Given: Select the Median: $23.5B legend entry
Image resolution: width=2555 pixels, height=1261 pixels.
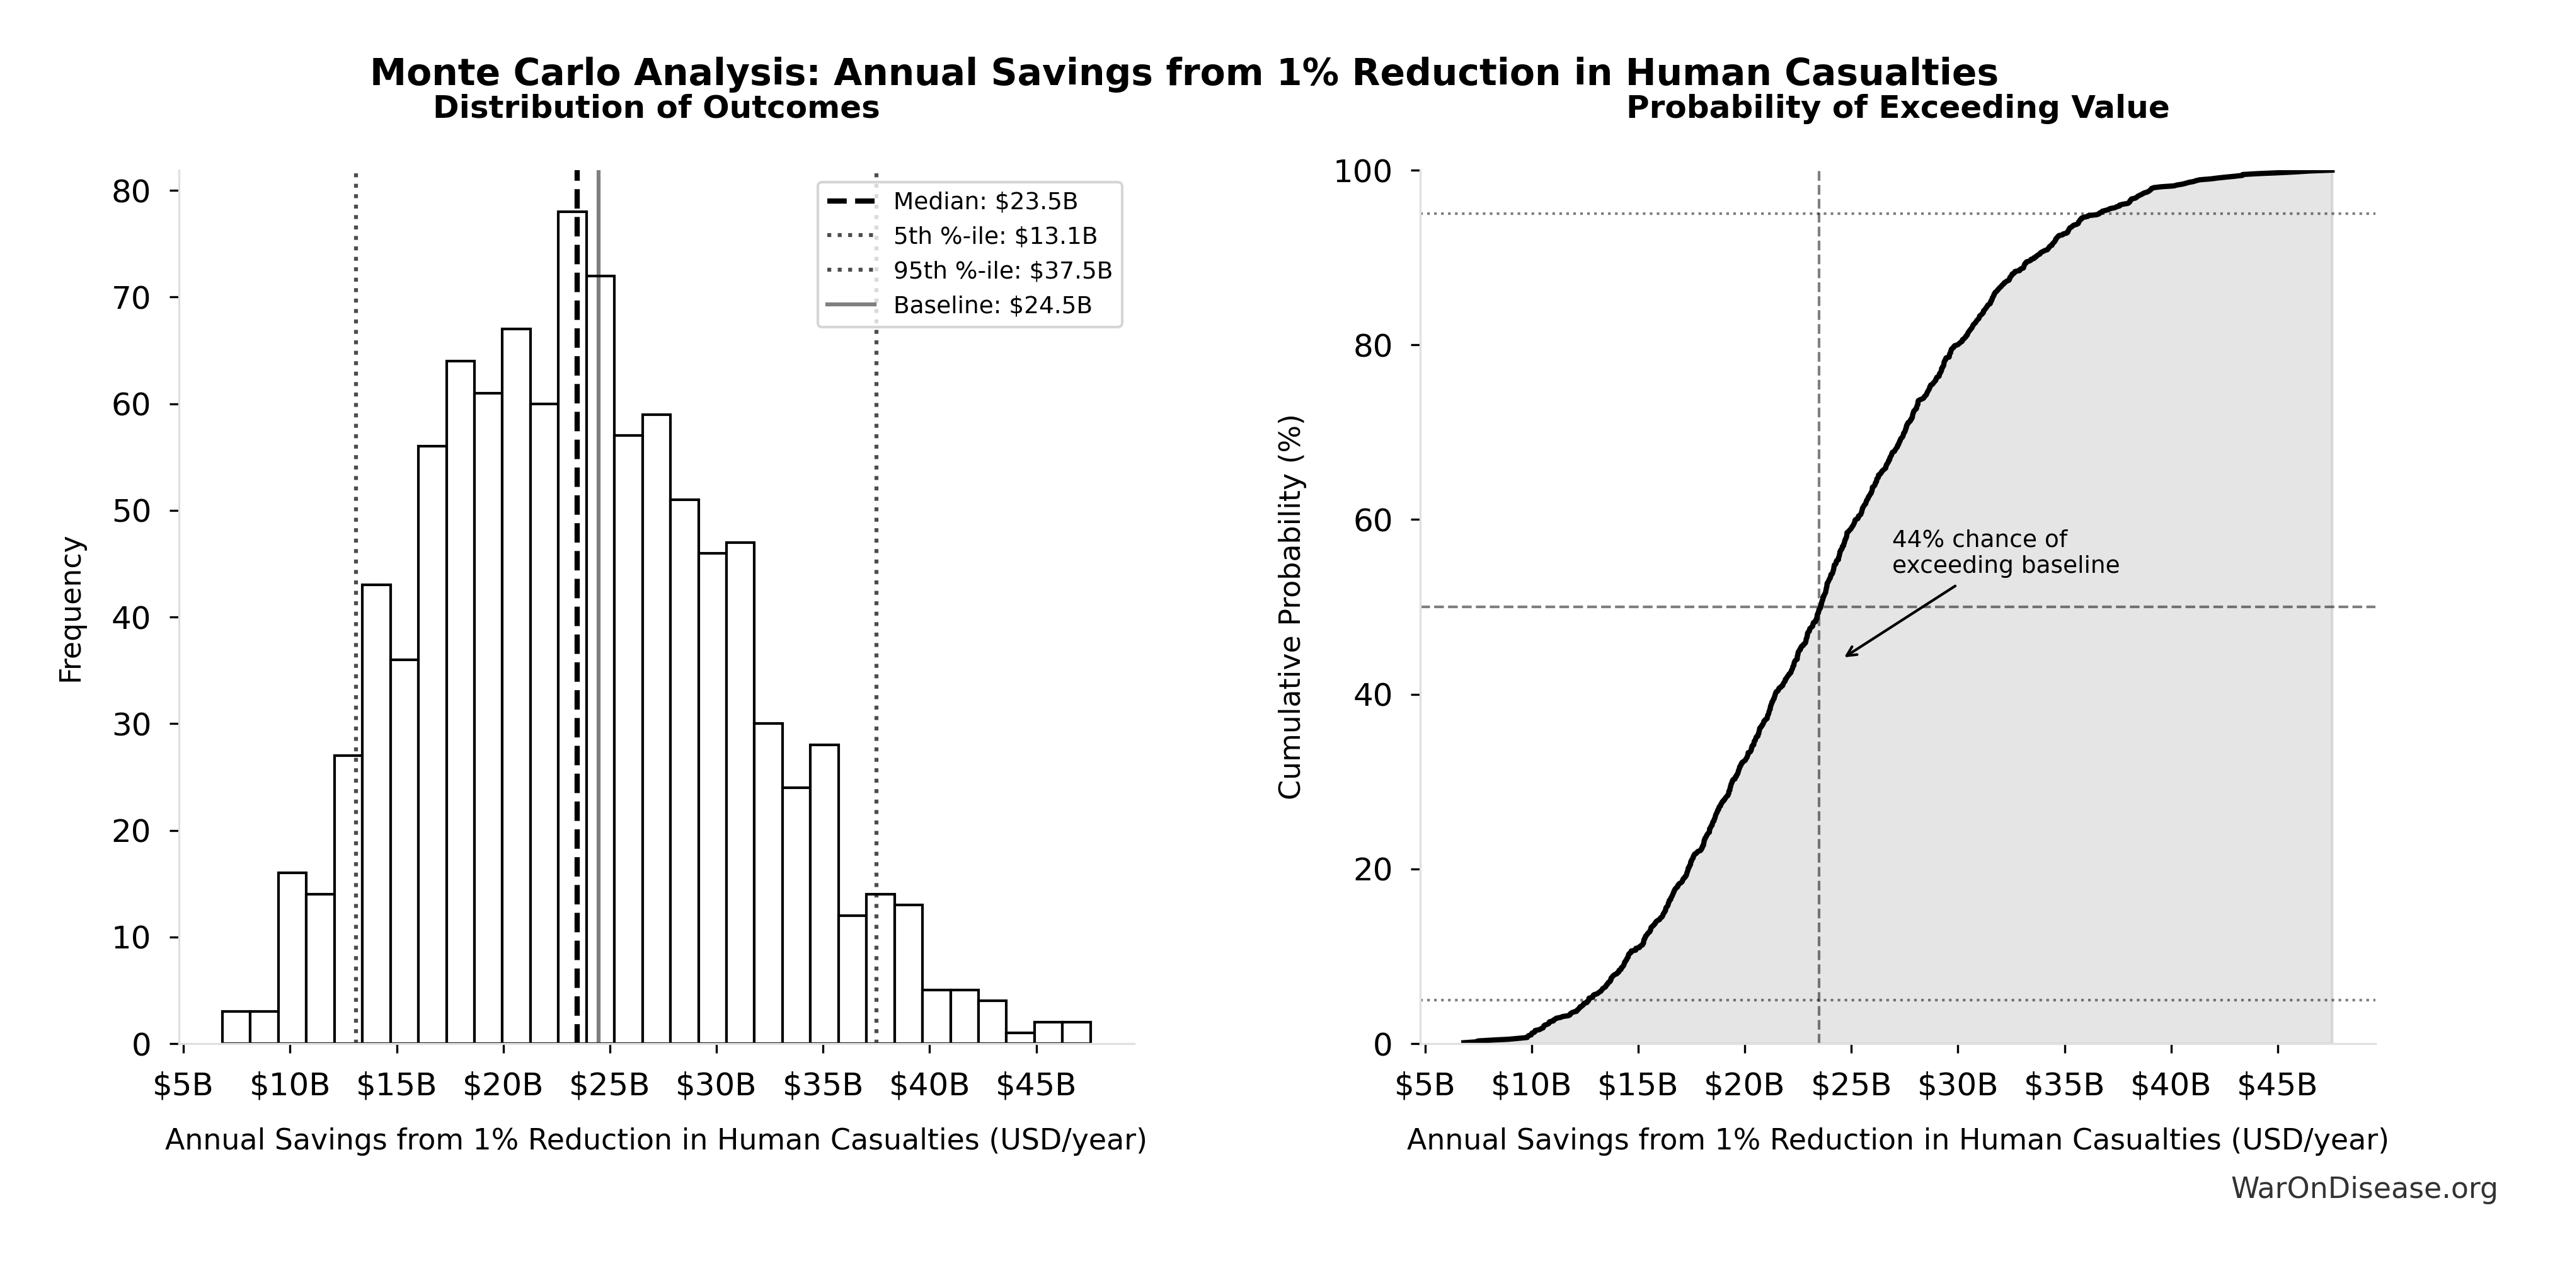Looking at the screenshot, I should (984, 202).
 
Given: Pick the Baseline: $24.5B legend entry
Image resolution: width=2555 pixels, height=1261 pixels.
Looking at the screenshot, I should (991, 306).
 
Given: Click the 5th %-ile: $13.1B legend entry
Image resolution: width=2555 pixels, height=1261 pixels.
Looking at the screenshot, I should (994, 236).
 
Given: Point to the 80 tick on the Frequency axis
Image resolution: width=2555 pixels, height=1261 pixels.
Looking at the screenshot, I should (131, 192).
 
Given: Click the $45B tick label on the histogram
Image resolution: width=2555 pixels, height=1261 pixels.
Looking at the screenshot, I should (1035, 1085).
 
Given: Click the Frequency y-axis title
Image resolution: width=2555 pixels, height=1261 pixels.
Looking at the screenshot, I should (71, 609).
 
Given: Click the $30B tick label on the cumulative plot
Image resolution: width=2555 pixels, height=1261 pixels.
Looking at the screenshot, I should (1957, 1085).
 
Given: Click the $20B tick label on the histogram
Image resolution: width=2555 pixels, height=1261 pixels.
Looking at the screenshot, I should (503, 1085).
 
